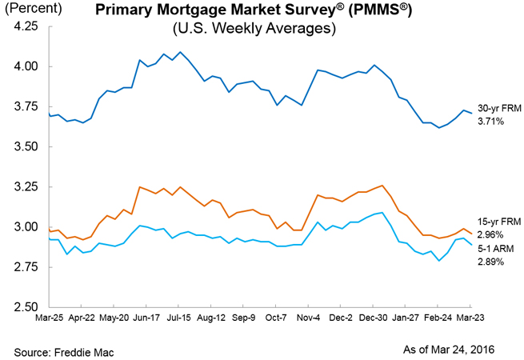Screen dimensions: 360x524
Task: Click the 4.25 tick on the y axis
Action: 27,26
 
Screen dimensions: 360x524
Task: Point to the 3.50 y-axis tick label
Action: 27,147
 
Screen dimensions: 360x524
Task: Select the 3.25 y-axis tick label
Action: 27,187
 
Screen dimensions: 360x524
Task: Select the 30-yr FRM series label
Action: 499,110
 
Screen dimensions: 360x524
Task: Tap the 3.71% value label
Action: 492,122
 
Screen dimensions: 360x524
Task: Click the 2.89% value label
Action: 492,262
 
